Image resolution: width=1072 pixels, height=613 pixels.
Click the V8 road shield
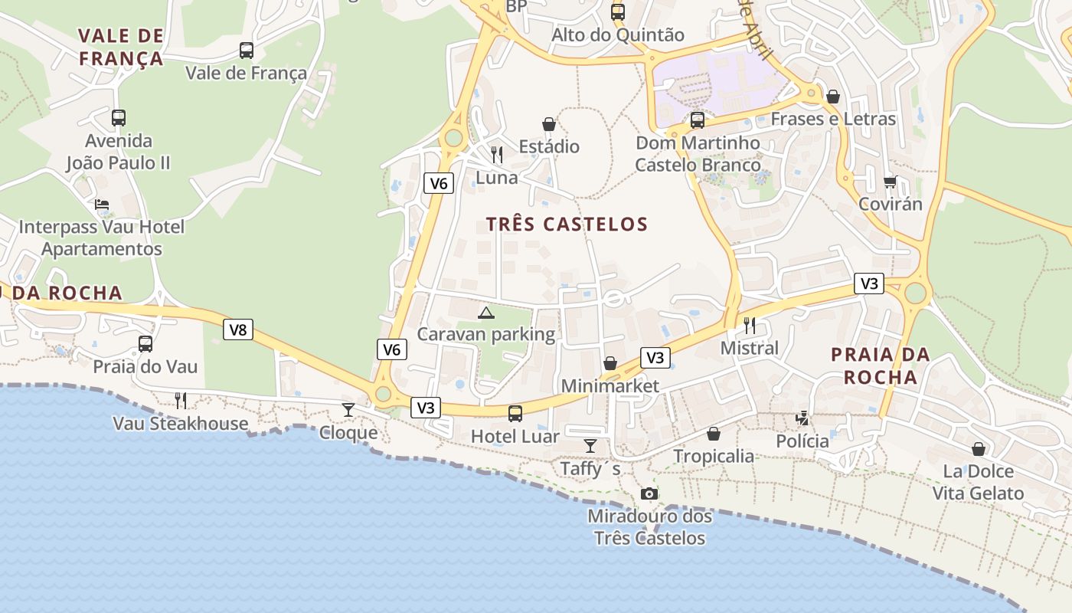pyautogui.click(x=238, y=330)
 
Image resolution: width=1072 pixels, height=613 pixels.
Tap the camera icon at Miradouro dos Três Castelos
pyautogui.click(x=649, y=493)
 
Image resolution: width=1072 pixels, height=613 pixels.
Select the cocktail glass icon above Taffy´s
pyautogui.click(x=590, y=445)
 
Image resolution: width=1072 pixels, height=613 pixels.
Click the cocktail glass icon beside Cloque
pyautogui.click(x=348, y=409)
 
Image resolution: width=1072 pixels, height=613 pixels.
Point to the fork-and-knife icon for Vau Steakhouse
pyautogui.click(x=181, y=400)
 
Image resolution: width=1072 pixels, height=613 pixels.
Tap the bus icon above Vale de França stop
pyautogui.click(x=246, y=51)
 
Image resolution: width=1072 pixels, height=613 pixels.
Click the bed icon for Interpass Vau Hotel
pyautogui.click(x=102, y=205)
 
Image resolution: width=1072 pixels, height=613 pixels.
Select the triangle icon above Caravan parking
pyautogui.click(x=485, y=313)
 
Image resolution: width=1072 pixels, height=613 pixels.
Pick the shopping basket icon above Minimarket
pyautogui.click(x=610, y=363)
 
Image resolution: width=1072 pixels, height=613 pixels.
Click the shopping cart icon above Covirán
pyautogui.click(x=890, y=182)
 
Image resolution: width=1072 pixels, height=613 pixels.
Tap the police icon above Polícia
pyautogui.click(x=802, y=418)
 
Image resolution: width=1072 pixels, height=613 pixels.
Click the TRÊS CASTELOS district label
pyautogui.click(x=567, y=224)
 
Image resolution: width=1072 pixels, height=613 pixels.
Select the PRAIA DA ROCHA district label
pyautogui.click(x=880, y=366)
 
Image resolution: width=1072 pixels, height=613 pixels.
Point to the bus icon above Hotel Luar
pyautogui.click(x=515, y=414)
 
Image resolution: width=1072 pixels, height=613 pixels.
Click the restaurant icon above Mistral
pyautogui.click(x=750, y=326)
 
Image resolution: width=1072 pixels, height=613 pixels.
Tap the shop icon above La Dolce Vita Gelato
pyautogui.click(x=978, y=449)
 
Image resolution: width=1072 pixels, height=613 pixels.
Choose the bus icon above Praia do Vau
pyautogui.click(x=145, y=344)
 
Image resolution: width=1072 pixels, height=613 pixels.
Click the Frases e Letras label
pyautogui.click(x=833, y=119)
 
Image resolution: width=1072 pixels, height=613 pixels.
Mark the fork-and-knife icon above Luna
pyautogui.click(x=497, y=155)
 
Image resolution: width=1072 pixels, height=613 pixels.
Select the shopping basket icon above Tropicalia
pyautogui.click(x=714, y=434)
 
